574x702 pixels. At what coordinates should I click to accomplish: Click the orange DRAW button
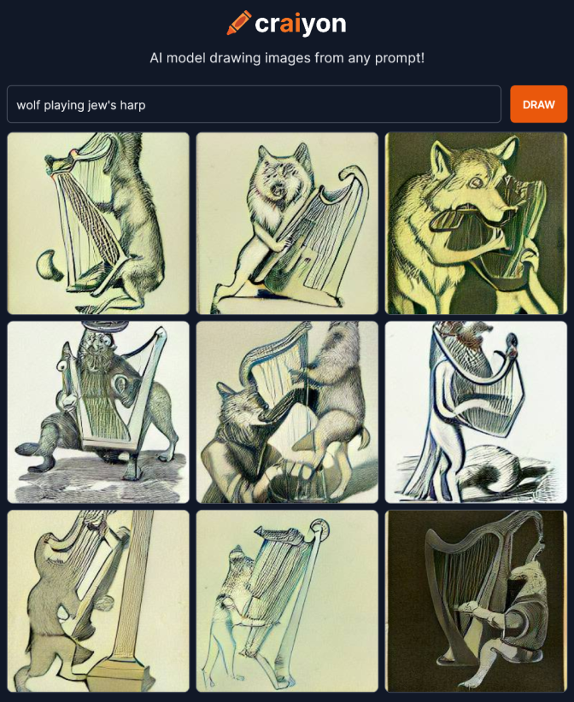(x=539, y=104)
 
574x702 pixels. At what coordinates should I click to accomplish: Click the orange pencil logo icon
(x=238, y=23)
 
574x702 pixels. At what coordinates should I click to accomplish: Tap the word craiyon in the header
(x=301, y=24)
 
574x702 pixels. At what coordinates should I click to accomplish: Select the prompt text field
(x=254, y=104)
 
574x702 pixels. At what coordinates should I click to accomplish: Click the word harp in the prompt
(x=132, y=105)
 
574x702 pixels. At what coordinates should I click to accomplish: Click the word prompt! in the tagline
(x=400, y=58)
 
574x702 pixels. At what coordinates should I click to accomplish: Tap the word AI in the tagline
(x=155, y=58)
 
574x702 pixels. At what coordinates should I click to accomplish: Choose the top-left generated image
(x=98, y=223)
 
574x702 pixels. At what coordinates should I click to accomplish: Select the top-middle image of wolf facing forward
(x=287, y=223)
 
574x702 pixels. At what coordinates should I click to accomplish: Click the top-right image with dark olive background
(x=476, y=223)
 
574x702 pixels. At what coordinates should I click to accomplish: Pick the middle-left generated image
(x=98, y=412)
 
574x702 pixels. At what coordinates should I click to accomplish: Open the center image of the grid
(x=287, y=412)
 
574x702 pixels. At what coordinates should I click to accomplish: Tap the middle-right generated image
(x=476, y=412)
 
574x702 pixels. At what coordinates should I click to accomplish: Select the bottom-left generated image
(x=98, y=601)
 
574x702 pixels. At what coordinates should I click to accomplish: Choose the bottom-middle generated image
(x=287, y=601)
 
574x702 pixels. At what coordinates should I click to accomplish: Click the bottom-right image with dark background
(x=476, y=601)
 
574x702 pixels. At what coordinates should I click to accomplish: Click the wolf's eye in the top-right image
(x=475, y=182)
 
